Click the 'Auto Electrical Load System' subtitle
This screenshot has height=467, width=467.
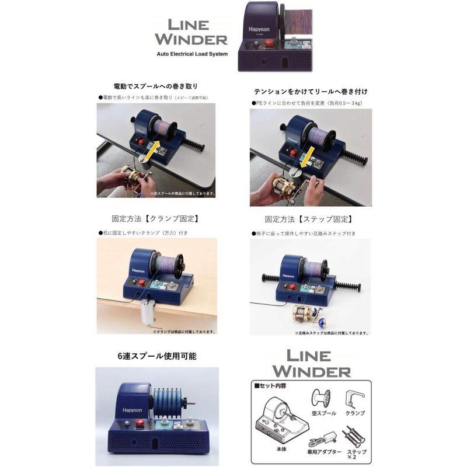[192, 54]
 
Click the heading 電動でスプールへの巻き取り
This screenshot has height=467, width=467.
[156, 87]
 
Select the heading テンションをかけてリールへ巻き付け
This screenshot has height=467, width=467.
[311, 92]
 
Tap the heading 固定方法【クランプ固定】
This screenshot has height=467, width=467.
[156, 220]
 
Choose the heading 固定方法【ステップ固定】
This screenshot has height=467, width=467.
[309, 220]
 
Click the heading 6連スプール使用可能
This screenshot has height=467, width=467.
[156, 356]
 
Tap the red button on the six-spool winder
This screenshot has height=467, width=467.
[139, 424]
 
